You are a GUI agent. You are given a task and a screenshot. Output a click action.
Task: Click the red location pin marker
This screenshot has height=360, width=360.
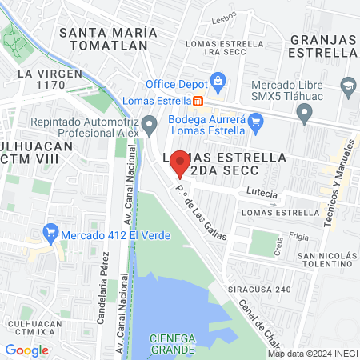click(180, 162)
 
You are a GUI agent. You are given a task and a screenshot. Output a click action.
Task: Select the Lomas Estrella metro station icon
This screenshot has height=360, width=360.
click(198, 102)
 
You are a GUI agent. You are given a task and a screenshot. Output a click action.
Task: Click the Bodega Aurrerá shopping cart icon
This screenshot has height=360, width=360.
click(256, 122)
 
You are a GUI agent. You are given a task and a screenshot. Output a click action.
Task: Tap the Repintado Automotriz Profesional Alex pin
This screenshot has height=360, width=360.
click(150, 123)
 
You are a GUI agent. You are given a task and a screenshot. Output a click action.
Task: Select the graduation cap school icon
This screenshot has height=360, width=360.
click(348, 85)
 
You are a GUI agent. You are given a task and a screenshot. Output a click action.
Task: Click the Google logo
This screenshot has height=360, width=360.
click(26, 350)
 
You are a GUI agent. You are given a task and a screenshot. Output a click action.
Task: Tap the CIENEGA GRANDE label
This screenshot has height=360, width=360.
click(173, 343)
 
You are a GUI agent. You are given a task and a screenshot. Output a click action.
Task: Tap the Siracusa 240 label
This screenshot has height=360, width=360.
click(263, 290)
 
